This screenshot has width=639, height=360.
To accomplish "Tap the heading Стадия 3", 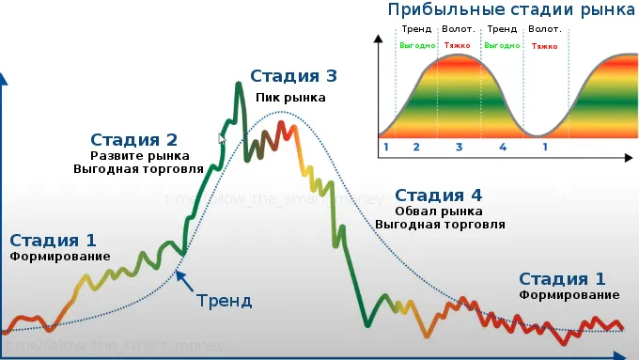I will [292, 77].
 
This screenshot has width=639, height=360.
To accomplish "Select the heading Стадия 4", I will [439, 196].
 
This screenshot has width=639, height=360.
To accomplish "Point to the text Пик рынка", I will [291, 97].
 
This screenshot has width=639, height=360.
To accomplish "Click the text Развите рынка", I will [139, 156].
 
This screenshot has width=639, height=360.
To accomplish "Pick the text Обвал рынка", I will [440, 211].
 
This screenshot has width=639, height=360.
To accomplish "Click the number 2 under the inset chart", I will [416, 148].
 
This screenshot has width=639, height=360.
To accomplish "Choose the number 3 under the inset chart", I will [460, 148].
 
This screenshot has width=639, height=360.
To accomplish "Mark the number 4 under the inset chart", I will [503, 148].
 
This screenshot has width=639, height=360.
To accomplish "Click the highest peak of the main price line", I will [239, 85].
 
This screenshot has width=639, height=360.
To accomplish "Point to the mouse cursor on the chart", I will [222, 139].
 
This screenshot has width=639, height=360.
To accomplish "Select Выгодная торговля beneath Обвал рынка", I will [440, 226].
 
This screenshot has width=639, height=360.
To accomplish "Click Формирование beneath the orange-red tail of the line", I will [569, 295].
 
